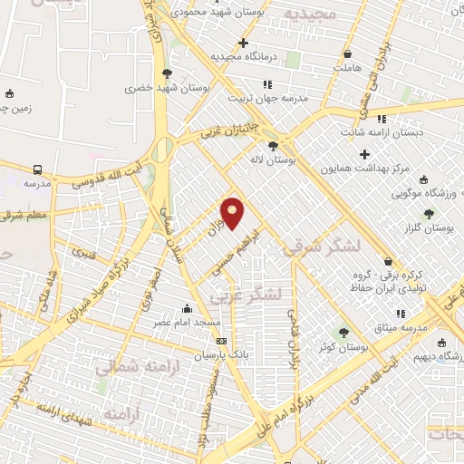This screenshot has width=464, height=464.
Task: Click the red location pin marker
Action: (233, 213)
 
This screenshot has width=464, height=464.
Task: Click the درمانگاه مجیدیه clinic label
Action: (243, 56)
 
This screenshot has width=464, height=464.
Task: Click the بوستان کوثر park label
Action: (343, 347)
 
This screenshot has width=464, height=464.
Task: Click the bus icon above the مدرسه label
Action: (37, 169)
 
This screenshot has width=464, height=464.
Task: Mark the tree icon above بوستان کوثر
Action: (343, 333)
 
